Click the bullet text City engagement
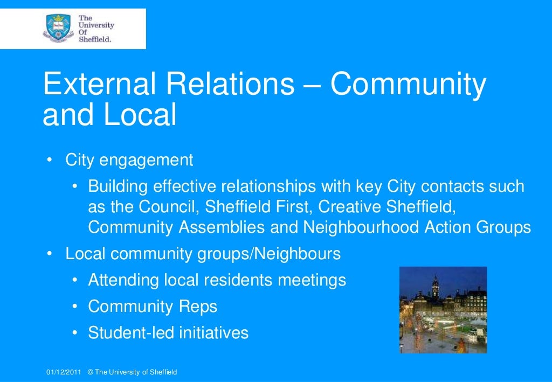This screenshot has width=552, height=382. [129, 160]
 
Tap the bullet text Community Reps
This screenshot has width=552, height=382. [153, 307]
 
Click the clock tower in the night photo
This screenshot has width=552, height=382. [434, 288]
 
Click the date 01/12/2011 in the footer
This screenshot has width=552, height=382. [63, 372]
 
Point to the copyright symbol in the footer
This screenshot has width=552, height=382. [90, 372]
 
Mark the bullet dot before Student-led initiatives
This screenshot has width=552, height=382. [76, 332]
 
